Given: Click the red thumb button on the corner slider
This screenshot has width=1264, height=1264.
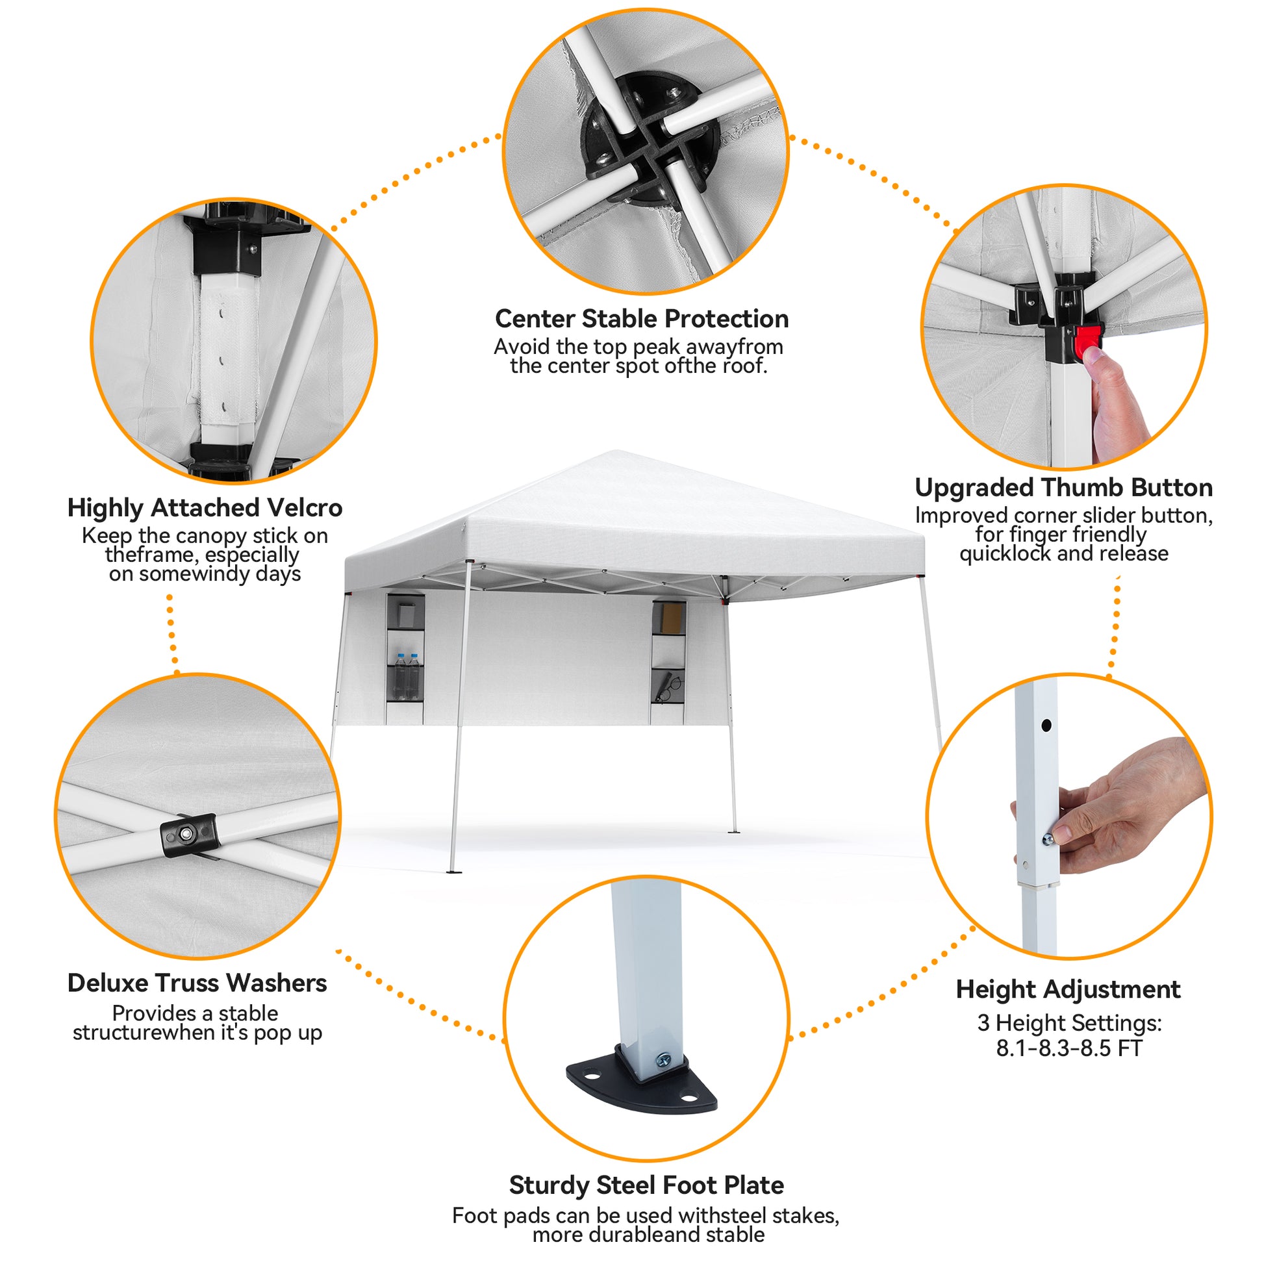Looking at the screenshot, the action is coord(1087,340).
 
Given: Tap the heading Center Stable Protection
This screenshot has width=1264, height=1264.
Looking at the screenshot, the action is coord(642,319).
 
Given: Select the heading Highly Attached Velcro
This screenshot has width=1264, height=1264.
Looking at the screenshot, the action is coord(205,508).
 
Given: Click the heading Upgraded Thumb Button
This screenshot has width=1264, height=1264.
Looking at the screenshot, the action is coord(1064,487).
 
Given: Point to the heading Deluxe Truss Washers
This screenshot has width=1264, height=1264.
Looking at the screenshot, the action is coord(197,983).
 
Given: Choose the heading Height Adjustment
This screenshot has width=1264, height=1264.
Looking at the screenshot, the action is coord(1068,989).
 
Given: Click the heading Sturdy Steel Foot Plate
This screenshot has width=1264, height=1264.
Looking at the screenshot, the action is coord(646,1185).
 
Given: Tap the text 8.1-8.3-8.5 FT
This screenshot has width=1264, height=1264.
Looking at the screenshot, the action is coord(1068,1048).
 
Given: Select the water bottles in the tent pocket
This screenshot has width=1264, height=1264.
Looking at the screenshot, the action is coord(407,676).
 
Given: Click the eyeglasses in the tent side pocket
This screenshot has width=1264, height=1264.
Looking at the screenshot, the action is coord(668,689).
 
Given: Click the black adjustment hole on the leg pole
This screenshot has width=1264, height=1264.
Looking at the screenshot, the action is coord(1046,725).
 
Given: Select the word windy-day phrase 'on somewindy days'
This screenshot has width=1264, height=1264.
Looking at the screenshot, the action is coord(205,574).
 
